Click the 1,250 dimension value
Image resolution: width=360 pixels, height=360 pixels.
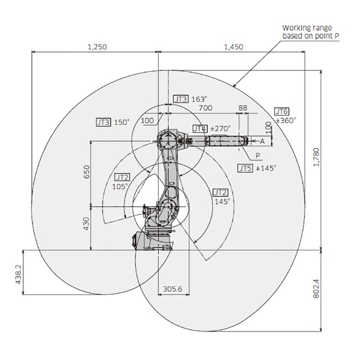[97, 47]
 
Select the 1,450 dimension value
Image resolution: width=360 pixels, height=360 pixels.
[233, 47]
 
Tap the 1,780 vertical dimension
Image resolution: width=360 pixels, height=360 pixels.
[316, 157]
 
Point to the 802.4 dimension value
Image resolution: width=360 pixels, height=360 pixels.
[316, 288]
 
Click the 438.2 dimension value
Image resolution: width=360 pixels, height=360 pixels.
[18, 275]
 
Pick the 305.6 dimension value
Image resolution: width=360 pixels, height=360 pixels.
[173, 289]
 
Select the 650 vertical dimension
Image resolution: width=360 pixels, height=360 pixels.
[86, 172]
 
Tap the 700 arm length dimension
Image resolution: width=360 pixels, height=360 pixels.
[205, 108]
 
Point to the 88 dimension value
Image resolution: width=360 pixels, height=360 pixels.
[243, 108]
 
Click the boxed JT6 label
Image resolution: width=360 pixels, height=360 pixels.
[282, 111]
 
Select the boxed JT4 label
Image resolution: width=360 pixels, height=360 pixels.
[200, 129]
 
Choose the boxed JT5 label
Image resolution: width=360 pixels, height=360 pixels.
[245, 168]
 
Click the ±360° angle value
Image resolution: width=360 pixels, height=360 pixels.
[286, 120]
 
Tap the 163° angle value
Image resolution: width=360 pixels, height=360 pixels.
[199, 99]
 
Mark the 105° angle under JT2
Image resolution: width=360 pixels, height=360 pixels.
[120, 186]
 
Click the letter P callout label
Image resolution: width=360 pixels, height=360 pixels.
[258, 156]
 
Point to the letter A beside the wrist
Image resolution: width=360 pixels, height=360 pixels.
[262, 142]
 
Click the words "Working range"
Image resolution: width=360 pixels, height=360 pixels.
[307, 28]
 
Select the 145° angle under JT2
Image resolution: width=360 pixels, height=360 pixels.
[222, 201]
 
